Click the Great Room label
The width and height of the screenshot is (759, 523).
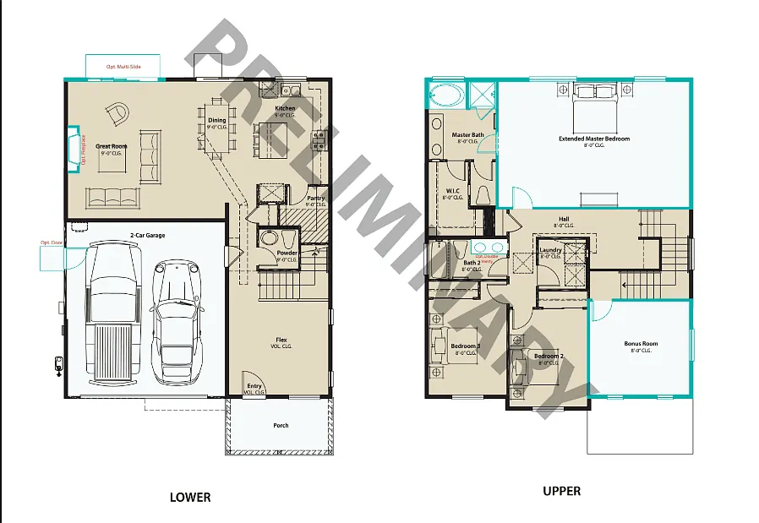[111, 146]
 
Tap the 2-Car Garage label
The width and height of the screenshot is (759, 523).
[147, 234]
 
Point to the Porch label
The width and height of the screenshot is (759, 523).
[280, 425]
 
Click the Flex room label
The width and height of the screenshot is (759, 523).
[281, 340]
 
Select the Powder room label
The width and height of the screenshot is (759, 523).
[287, 253]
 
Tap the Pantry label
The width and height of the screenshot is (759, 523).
[316, 199]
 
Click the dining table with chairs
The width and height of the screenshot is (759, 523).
[216, 131]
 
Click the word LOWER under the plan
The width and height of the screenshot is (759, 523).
[190, 497]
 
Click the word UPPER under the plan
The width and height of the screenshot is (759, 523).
[561, 491]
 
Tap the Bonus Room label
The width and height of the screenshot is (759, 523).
[641, 344]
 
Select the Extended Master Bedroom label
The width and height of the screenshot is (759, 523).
[593, 139]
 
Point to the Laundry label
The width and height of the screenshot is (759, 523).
[551, 250]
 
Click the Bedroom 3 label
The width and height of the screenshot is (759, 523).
[465, 346]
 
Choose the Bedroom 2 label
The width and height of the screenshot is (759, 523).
[549, 356]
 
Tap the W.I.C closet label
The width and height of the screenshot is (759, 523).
[452, 191]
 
